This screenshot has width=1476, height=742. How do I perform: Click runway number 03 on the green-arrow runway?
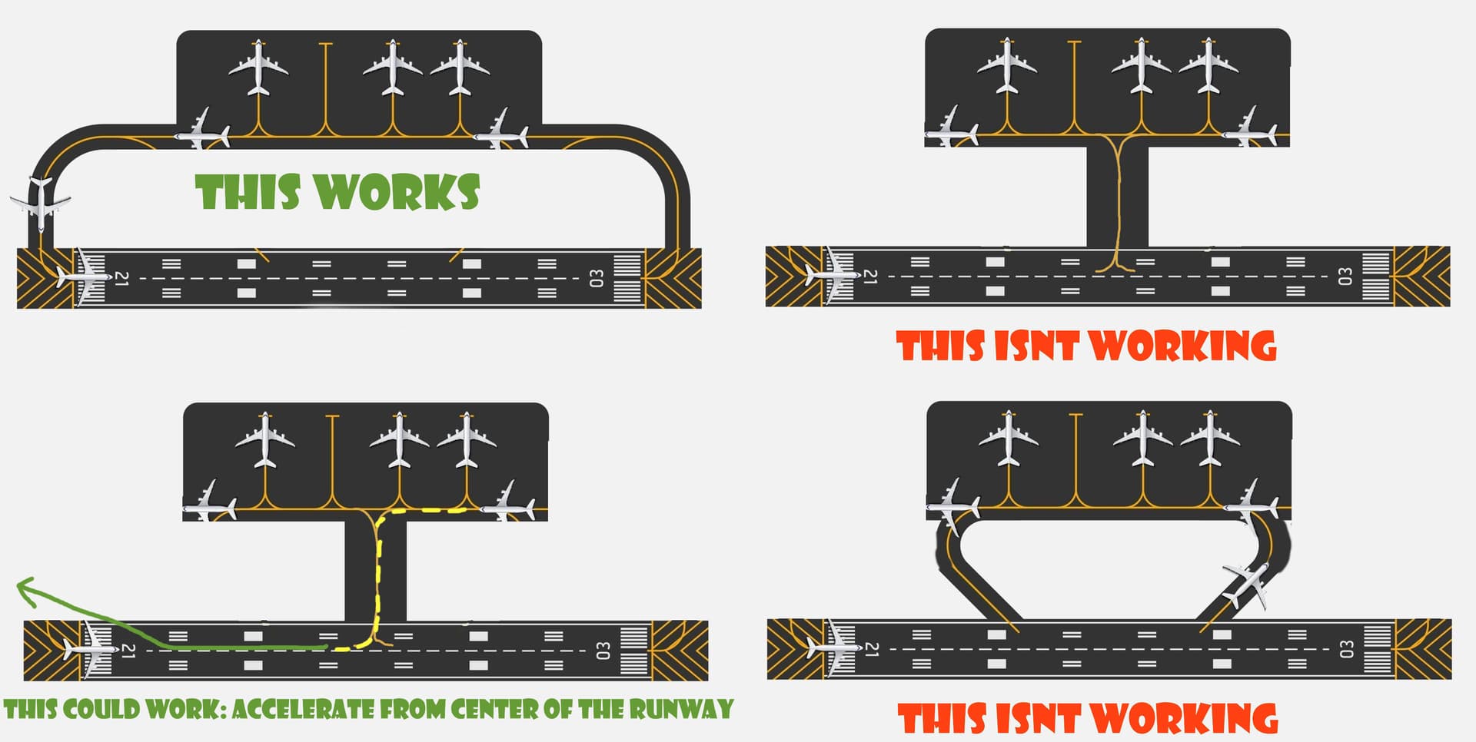(x=603, y=651)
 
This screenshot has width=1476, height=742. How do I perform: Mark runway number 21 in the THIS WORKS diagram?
(x=121, y=278)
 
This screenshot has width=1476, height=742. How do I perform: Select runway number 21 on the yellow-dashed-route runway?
(x=128, y=651)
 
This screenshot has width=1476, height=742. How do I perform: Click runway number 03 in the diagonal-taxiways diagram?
(x=1346, y=650)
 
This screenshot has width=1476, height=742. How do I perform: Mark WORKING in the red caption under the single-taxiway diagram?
(x=1184, y=346)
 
